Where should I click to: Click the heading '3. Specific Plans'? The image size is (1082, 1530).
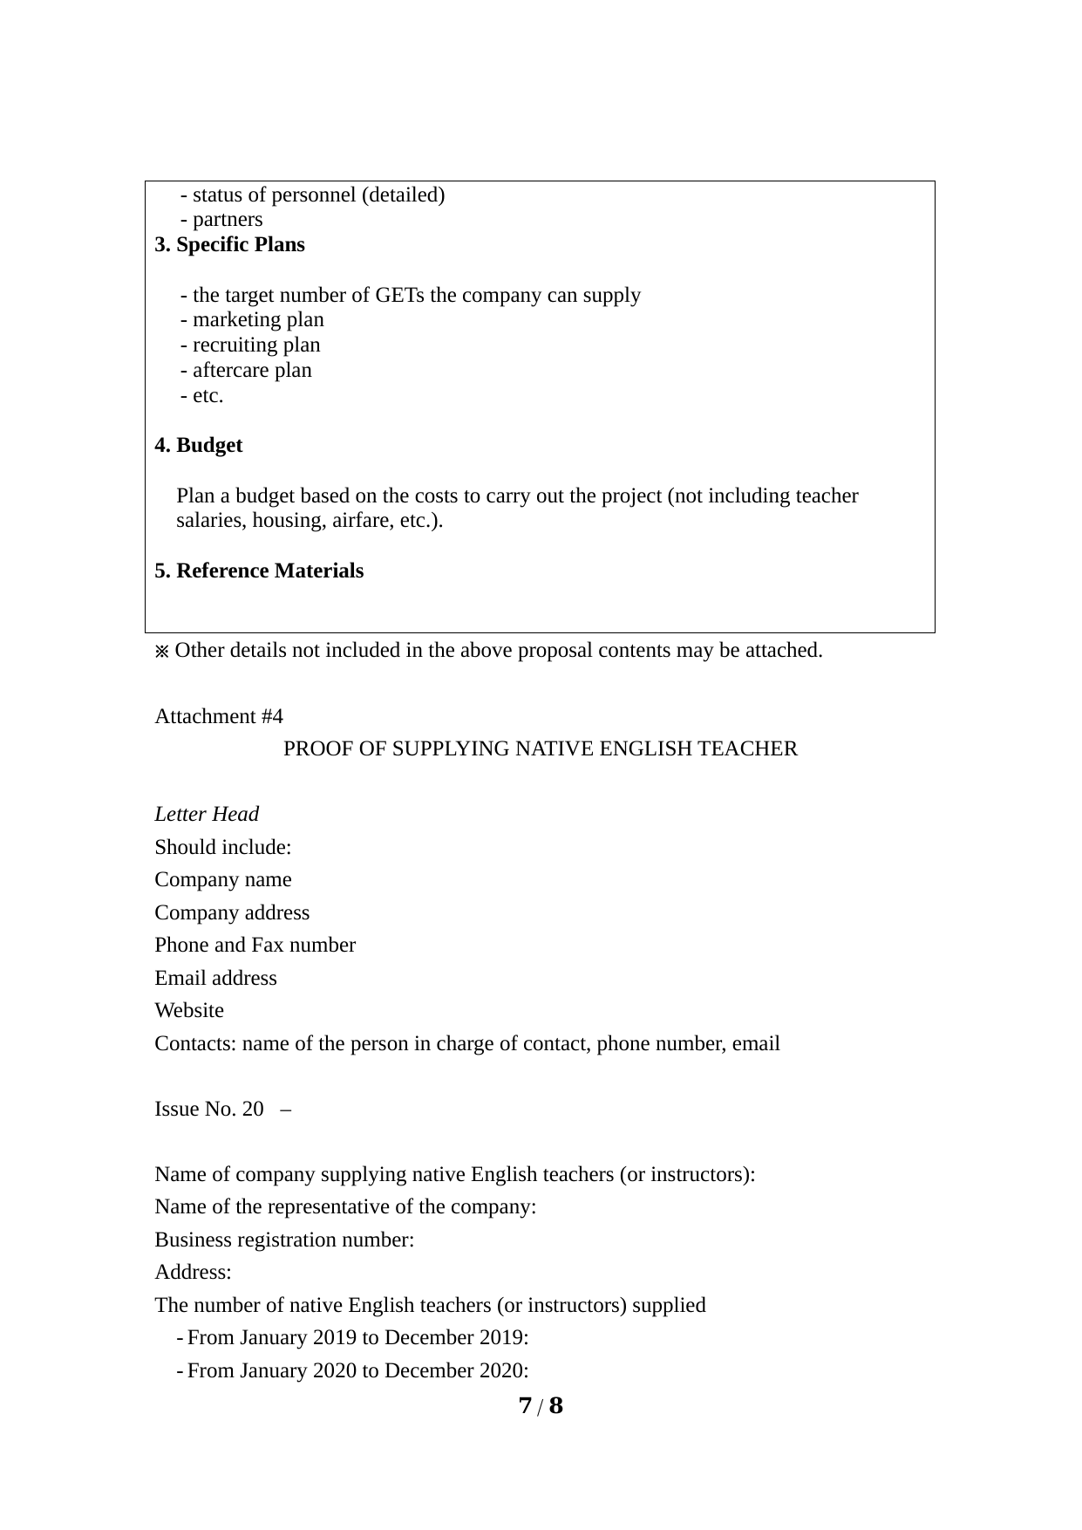click(x=229, y=245)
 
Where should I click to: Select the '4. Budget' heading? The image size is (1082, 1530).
click(x=198, y=446)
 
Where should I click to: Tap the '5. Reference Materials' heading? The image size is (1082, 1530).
click(x=259, y=571)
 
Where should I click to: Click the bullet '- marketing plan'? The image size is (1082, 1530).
click(x=252, y=320)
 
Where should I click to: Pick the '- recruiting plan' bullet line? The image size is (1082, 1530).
click(x=250, y=345)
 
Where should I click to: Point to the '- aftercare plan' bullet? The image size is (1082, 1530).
click(x=246, y=371)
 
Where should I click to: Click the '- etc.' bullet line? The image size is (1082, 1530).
click(x=202, y=396)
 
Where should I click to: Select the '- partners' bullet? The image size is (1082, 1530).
click(x=221, y=220)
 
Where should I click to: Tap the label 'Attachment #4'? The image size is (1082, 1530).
click(x=219, y=717)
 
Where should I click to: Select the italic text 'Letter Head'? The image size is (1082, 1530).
click(x=207, y=815)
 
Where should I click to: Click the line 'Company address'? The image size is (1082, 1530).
click(x=232, y=913)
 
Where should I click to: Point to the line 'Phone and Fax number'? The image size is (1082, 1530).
click(x=255, y=946)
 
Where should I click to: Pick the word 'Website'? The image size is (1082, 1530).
click(x=189, y=1011)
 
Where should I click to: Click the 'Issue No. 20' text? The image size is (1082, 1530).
click(x=208, y=1110)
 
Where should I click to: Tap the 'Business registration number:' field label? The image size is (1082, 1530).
click(x=284, y=1240)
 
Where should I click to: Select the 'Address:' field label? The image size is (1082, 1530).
click(x=193, y=1273)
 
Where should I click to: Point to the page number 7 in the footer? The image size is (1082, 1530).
click(x=525, y=1406)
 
